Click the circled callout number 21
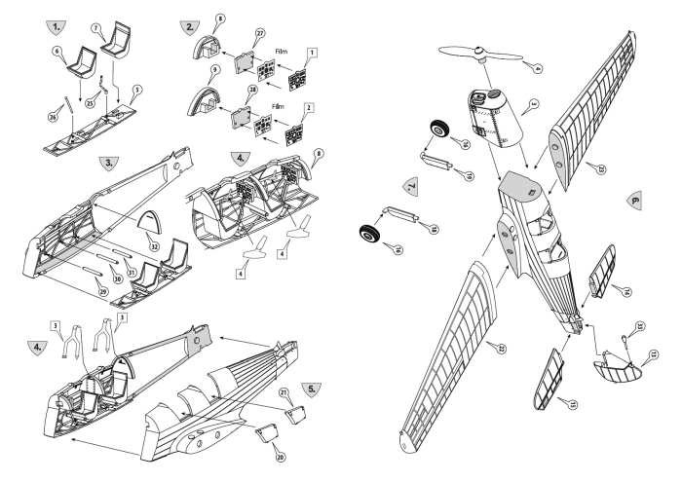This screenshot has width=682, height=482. (x=284, y=391)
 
